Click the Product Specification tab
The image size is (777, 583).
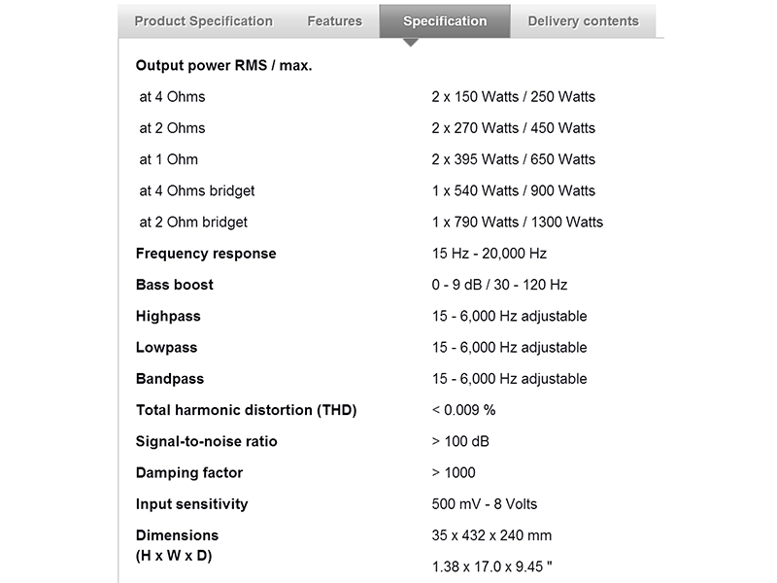[203, 20]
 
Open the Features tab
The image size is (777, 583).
[334, 20]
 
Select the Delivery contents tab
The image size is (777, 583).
[583, 20]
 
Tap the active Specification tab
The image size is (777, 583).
[445, 20]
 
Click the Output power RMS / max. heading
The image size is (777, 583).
[223, 66]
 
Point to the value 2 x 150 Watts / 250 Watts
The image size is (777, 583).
[513, 97]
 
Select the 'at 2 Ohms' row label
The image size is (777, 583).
[172, 128]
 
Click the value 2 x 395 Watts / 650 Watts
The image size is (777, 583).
[513, 159]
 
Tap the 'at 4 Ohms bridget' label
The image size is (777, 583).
[197, 190]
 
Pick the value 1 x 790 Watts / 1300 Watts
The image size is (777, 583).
[517, 222]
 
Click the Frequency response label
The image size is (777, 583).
[206, 254]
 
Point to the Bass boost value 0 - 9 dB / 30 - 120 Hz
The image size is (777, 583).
[499, 285]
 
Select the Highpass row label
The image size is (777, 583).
[168, 316]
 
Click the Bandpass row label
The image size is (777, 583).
[170, 378]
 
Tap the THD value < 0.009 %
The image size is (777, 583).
[463, 410]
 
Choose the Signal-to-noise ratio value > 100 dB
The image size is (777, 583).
[460, 441]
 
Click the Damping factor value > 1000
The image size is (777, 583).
[454, 472]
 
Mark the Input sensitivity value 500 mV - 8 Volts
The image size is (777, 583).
[484, 503]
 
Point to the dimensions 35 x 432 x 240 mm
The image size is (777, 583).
[491, 535]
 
